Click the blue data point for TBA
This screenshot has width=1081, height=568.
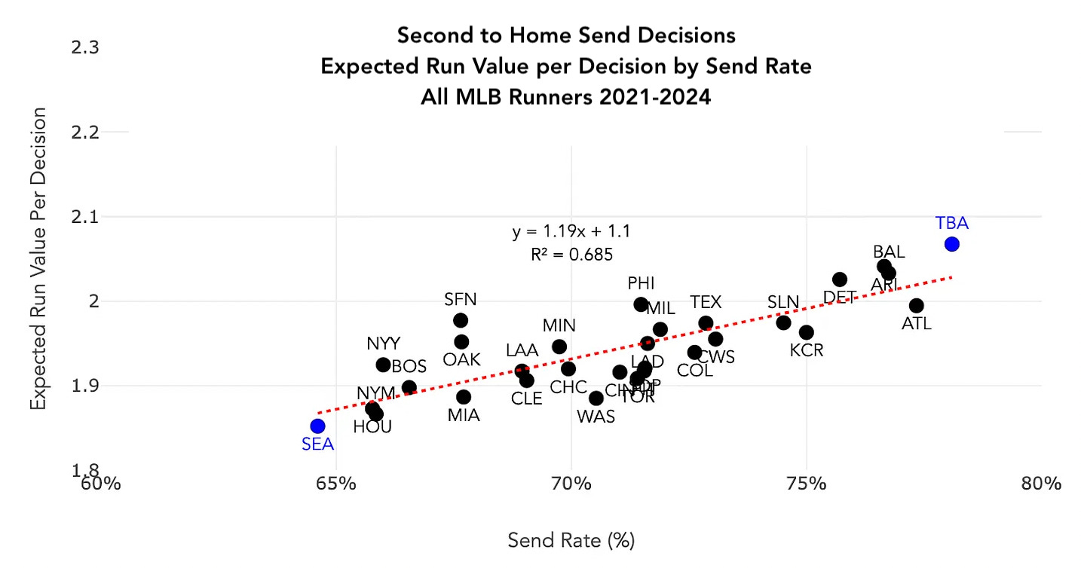pos(951,244)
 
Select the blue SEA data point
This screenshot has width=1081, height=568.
pos(317,426)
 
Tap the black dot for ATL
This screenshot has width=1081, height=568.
pos(916,305)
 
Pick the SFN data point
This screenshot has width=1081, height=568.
pos(461,320)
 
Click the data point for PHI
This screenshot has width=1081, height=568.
pos(641,304)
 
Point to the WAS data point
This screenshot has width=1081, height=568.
pos(596,398)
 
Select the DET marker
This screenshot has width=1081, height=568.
pos(839,279)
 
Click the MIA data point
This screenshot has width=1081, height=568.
pos(464,397)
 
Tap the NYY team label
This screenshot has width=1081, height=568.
pos(384,344)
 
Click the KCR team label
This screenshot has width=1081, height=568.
pos(807,350)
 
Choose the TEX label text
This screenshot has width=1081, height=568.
pos(706,302)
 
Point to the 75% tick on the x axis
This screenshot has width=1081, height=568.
pos(807,483)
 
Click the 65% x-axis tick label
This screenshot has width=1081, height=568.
pos(335,483)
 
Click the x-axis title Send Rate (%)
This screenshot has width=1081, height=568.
pos(571,540)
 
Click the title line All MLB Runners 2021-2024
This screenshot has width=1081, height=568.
pos(565,97)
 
